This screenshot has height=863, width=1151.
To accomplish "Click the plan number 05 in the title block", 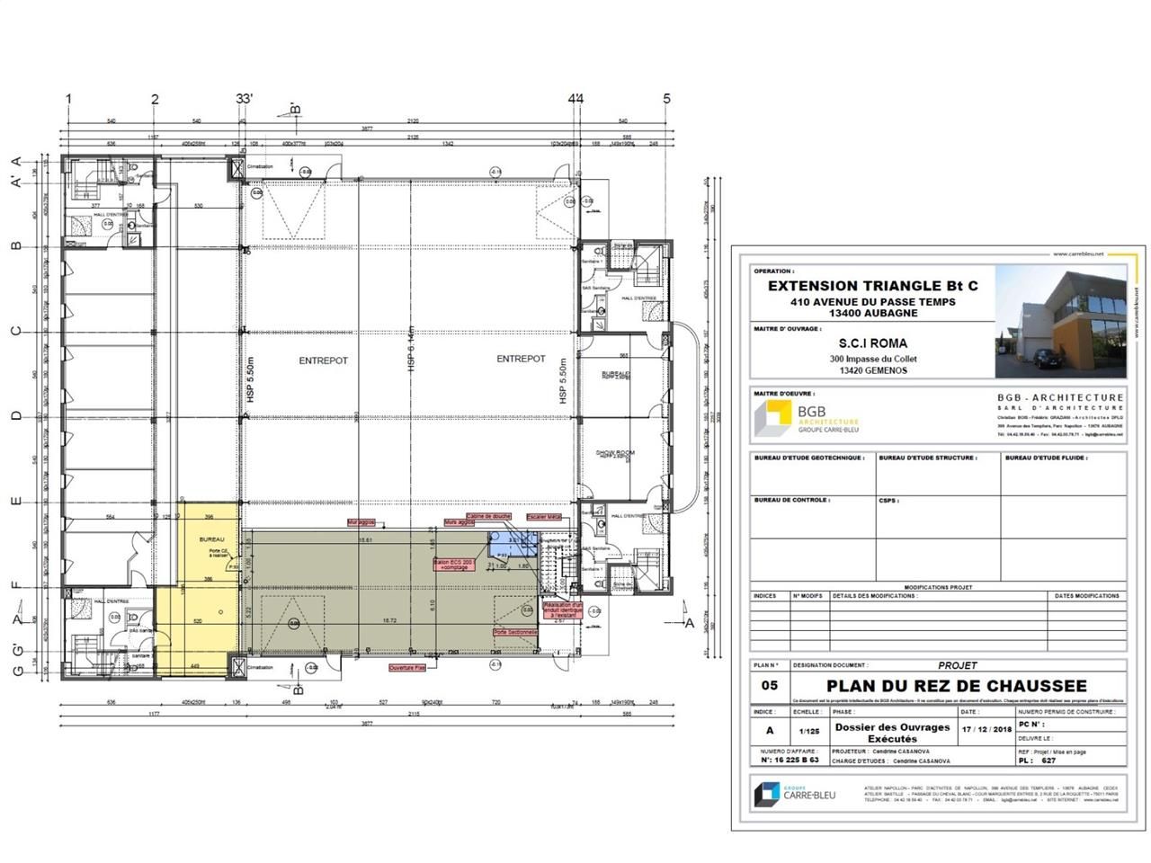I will tap(770, 684).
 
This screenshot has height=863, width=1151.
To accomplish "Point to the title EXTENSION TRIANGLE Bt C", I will tap(872, 286).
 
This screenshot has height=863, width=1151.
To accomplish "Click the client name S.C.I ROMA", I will tap(872, 343).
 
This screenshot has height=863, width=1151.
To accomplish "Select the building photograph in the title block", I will tap(1060, 323).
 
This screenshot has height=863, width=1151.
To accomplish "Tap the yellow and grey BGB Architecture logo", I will tap(772, 419).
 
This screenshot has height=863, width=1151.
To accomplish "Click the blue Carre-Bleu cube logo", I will tap(767, 793).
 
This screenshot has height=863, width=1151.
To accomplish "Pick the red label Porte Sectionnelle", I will tap(515, 632).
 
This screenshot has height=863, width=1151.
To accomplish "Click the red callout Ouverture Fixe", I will tap(407, 668).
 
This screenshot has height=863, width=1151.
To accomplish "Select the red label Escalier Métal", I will tap(543, 517).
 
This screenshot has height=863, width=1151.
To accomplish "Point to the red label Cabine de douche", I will tap(490, 516).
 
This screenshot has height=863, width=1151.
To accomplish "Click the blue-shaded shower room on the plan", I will tap(508, 546).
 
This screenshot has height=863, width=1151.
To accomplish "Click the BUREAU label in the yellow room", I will tap(212, 539).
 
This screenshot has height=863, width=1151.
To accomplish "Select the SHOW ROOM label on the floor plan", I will tap(615, 453).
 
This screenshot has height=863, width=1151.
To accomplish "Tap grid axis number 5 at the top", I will tap(666, 99).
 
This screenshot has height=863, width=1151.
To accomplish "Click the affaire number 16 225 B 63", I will tap(790, 760).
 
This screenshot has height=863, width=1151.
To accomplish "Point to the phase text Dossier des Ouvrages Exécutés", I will tap(892, 733).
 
